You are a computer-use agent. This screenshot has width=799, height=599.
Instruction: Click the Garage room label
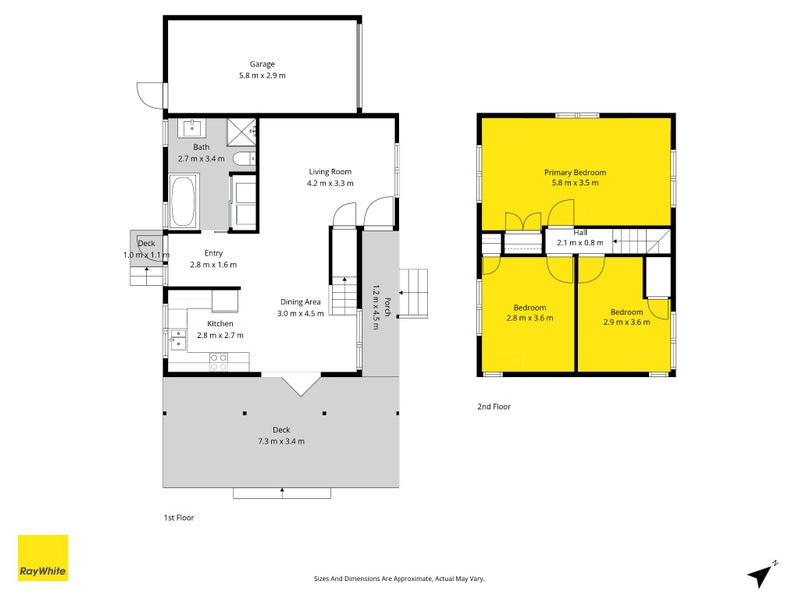262,64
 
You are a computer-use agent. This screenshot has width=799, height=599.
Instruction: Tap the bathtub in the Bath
183,201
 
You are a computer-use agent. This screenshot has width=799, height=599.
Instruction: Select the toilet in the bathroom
244,158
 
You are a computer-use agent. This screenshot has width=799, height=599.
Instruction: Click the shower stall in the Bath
241,132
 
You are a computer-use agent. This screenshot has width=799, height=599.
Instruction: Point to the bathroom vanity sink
191,128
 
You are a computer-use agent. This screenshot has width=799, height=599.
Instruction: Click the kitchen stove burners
218,362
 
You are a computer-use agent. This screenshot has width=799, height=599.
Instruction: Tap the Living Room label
330,172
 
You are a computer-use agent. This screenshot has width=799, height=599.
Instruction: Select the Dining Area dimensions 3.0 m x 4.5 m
301,313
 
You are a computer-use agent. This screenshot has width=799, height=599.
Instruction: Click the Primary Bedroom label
575,172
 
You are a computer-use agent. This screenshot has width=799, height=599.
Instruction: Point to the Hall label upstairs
580,233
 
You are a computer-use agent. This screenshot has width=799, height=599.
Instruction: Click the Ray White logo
43,558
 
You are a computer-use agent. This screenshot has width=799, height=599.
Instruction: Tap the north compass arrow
761,575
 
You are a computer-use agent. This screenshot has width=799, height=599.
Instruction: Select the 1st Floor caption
179,517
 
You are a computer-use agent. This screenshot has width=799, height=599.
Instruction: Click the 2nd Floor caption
494,406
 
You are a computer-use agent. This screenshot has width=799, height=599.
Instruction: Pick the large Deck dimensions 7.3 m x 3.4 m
281,441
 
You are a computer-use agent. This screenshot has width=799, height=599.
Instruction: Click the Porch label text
387,307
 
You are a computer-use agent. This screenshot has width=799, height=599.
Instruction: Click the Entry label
213,253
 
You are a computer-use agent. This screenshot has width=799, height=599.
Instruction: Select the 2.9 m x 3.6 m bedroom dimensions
627,322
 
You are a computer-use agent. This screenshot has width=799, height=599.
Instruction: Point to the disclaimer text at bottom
399,579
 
